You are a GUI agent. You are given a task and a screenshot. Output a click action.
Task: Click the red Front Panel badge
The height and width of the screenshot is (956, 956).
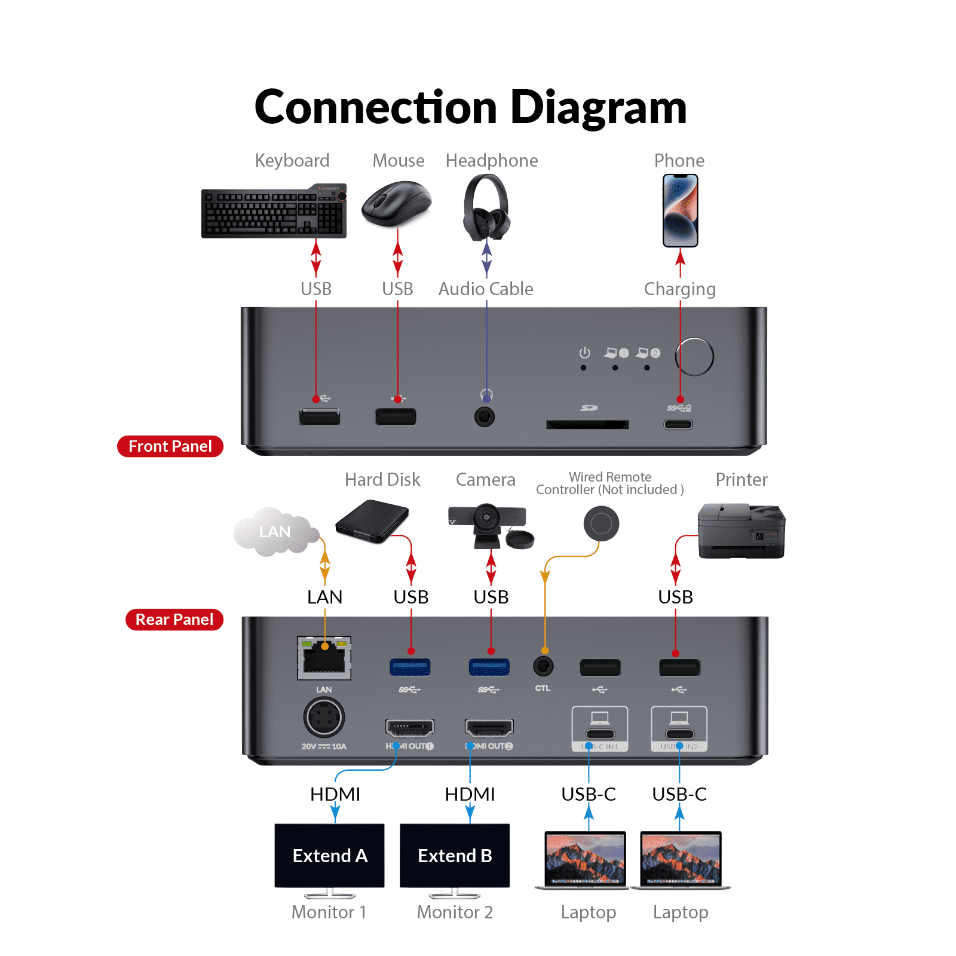170,446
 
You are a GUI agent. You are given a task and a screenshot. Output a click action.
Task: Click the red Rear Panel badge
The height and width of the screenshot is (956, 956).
174,620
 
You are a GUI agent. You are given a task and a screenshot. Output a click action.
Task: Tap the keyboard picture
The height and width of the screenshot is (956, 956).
274,212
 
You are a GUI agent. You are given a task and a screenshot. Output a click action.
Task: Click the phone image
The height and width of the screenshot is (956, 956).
680,210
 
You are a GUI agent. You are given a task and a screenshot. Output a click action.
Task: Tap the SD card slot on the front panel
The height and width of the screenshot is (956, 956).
587,424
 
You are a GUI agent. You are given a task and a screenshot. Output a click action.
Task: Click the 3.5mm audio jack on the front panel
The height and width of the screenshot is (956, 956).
485,416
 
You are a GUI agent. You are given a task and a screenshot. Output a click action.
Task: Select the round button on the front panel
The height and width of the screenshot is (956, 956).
694,357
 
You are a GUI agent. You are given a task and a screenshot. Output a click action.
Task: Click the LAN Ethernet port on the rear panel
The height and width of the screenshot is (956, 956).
324,658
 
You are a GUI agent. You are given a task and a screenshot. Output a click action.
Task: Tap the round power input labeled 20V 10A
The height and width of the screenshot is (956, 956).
324,718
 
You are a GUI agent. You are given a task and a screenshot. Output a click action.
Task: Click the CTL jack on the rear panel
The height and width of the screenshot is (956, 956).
543,666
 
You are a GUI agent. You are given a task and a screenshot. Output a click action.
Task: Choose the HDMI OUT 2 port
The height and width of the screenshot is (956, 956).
489,728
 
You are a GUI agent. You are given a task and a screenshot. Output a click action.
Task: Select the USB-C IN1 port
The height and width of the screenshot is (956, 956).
600,734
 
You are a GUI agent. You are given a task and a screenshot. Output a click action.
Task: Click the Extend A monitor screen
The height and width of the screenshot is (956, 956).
329,856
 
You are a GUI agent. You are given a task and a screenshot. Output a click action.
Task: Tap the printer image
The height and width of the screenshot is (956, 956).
741,531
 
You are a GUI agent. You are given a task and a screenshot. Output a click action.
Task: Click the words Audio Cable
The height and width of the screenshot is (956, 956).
486,289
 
